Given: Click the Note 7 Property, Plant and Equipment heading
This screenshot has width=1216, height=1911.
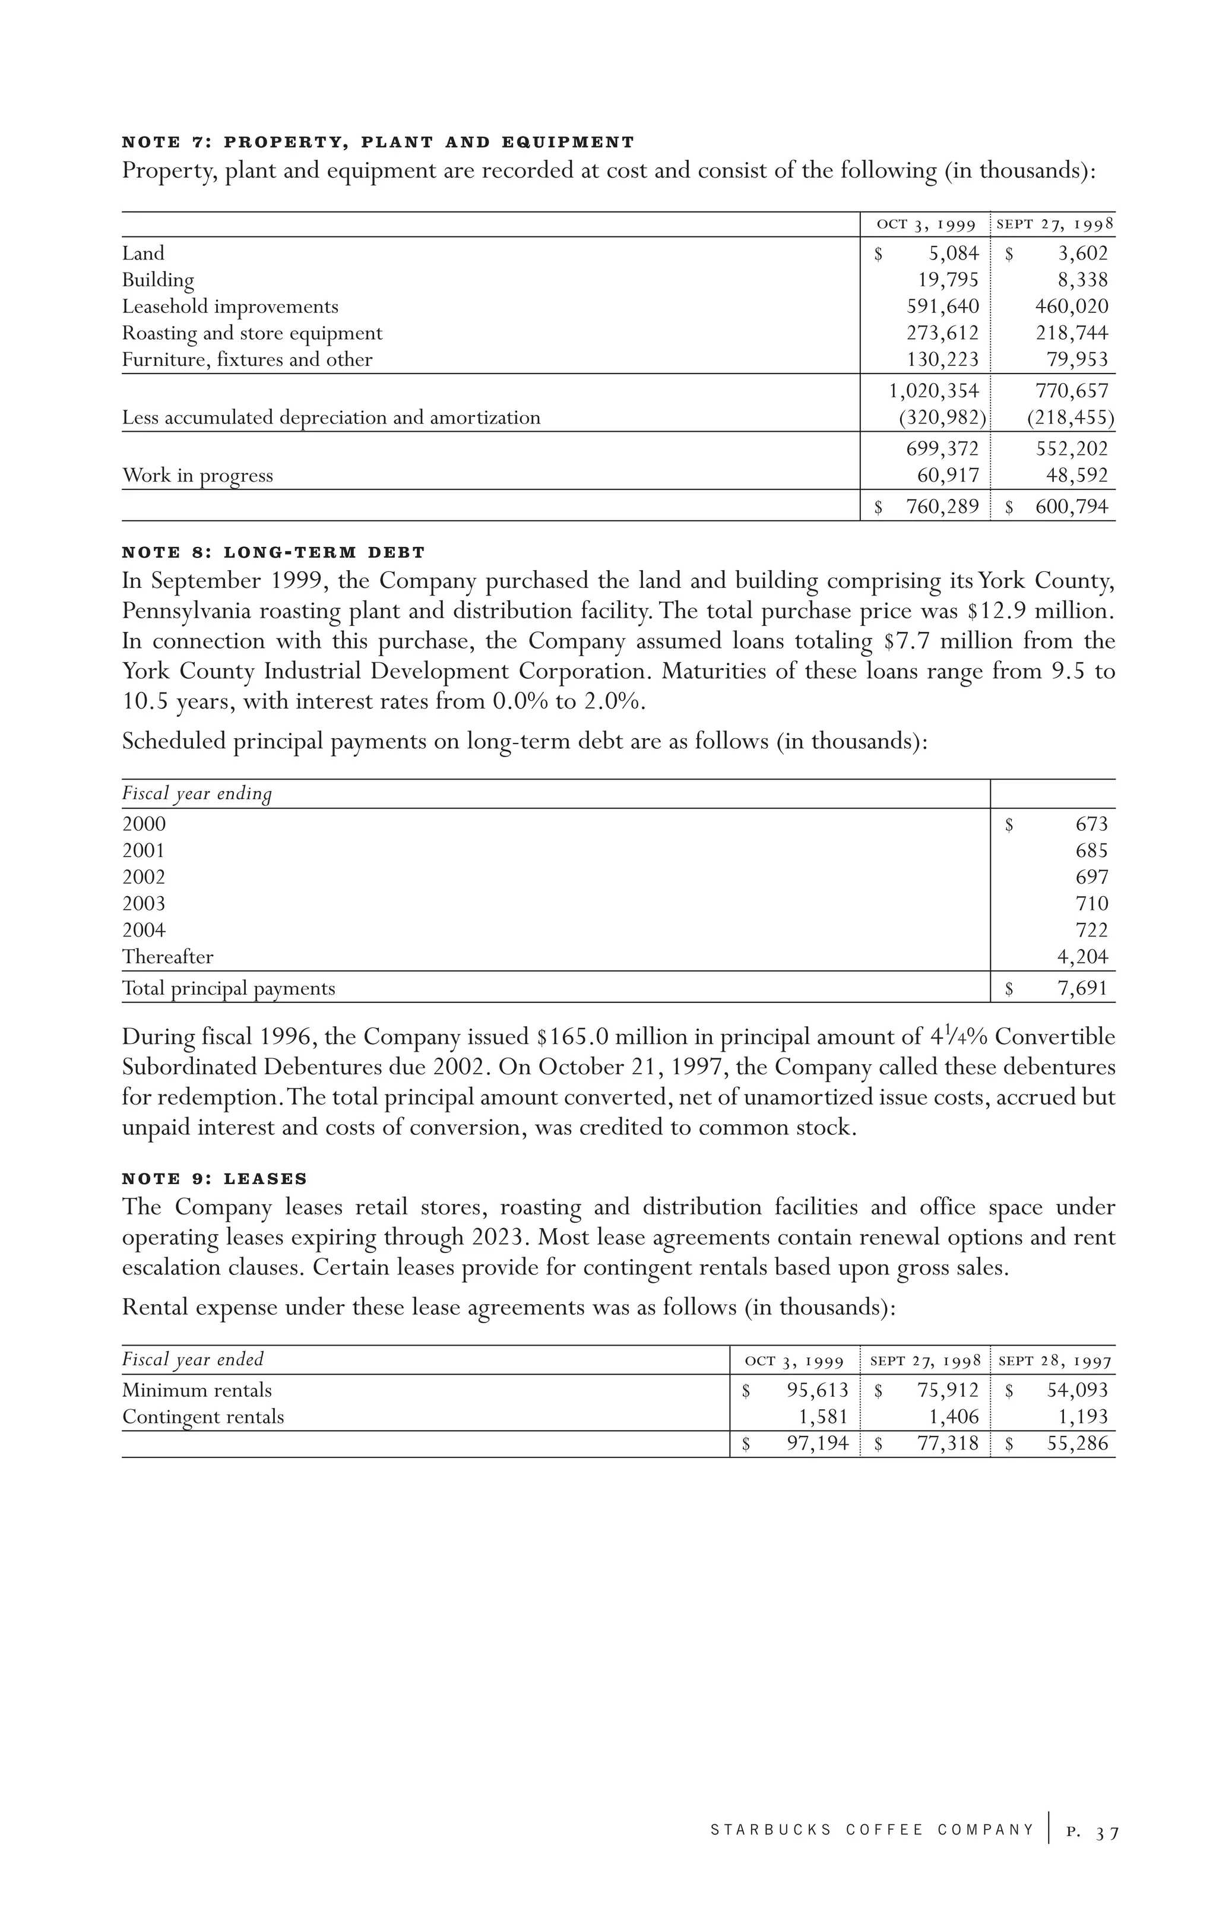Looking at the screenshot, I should (x=378, y=143).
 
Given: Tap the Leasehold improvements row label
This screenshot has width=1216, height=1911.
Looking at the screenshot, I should (x=230, y=307).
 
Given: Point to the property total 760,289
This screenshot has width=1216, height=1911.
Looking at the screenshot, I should (x=943, y=507).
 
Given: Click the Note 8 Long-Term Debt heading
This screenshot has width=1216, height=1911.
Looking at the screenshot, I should (x=274, y=552).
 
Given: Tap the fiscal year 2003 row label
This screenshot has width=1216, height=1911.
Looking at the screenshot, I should (x=144, y=904).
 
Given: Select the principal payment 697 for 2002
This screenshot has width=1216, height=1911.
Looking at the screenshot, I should (x=1092, y=878).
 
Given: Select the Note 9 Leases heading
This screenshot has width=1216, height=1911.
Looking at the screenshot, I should (x=214, y=1179).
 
